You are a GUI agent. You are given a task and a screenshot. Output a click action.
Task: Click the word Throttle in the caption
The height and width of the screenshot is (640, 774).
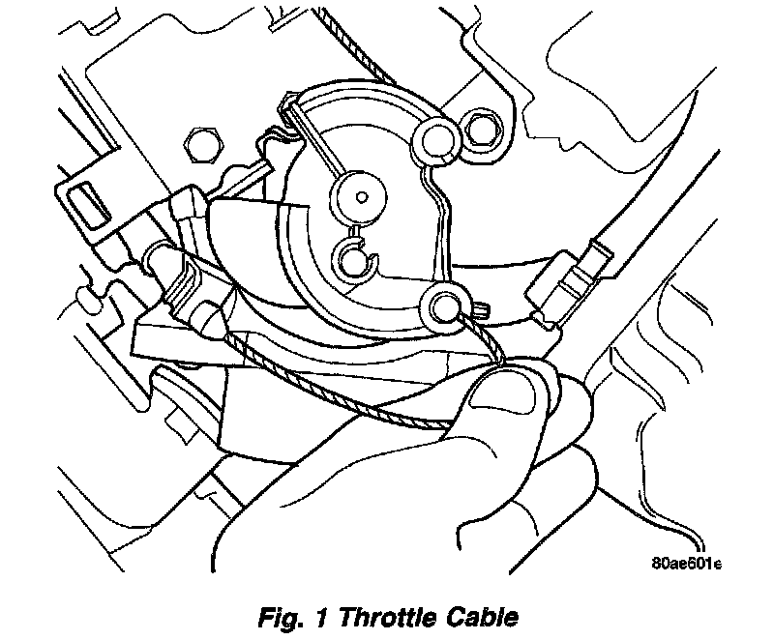pyautogui.click(x=387, y=617)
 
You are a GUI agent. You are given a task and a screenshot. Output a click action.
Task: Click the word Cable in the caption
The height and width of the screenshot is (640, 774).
pyautogui.click(x=485, y=617)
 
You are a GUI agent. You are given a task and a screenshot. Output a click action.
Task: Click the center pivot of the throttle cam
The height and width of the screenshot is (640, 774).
pyautogui.click(x=361, y=199)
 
